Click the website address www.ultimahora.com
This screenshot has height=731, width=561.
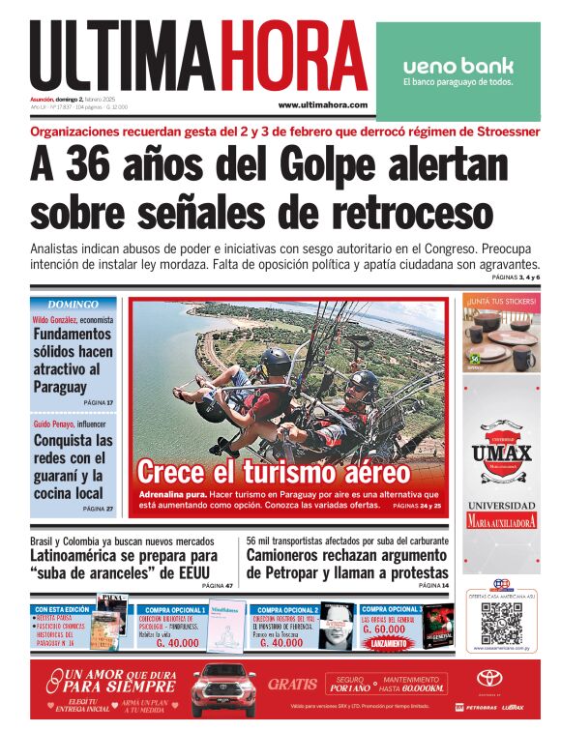[x=322, y=104]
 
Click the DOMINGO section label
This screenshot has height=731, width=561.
[x=74, y=304]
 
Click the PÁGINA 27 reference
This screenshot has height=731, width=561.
[x=98, y=509]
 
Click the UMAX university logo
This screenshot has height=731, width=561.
[x=501, y=453]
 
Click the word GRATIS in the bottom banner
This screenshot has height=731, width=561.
[x=292, y=684]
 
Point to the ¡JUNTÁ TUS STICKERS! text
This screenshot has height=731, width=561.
[x=501, y=300]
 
